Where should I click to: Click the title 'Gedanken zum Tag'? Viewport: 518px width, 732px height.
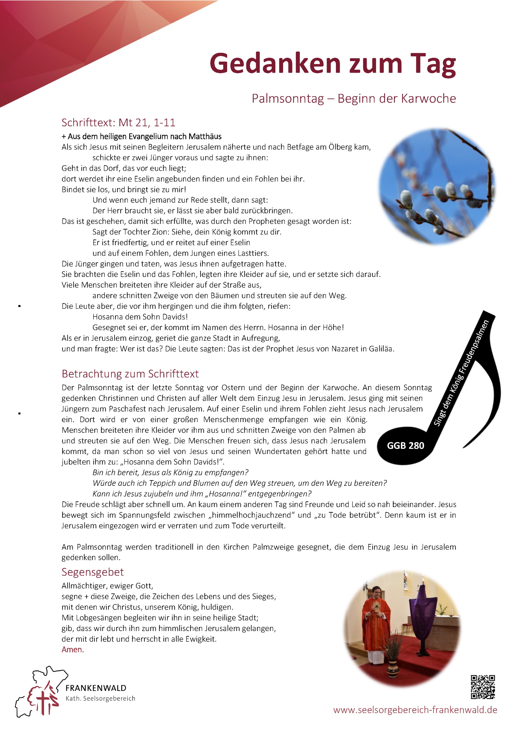pyautogui.click(x=332, y=64)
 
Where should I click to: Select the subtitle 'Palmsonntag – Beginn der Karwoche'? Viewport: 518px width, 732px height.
pyautogui.click(x=354, y=99)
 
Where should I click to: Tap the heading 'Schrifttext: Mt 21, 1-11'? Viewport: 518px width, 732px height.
pyautogui.click(x=118, y=123)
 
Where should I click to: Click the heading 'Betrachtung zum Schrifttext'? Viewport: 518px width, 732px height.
pyautogui.click(x=130, y=374)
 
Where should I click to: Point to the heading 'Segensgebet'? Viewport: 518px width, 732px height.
pyautogui.click(x=92, y=572)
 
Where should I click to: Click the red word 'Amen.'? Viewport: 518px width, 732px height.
pyautogui.click(x=73, y=649)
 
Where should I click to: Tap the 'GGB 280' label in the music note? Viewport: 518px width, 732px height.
pyautogui.click(x=405, y=446)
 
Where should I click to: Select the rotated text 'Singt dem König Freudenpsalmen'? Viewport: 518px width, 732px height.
pyautogui.click(x=461, y=373)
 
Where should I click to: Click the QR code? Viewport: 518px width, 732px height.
pyautogui.click(x=483, y=687)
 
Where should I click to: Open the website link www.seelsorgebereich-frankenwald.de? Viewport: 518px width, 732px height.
pyautogui.click(x=415, y=710)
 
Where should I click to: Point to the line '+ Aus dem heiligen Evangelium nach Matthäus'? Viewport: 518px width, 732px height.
pyautogui.click(x=141, y=136)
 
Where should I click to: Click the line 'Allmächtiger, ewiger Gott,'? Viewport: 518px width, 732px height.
pyautogui.click(x=107, y=586)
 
